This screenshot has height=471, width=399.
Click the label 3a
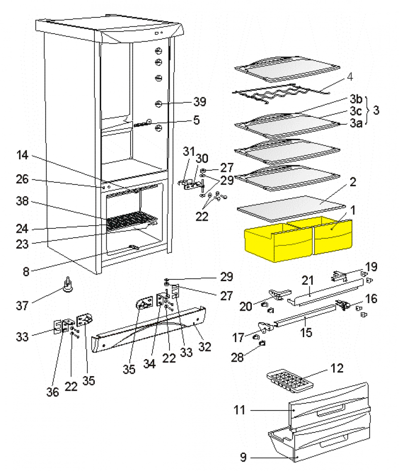356,123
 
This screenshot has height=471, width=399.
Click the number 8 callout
26,272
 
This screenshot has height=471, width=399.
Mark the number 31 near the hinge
189,150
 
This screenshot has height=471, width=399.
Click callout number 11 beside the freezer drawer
240,411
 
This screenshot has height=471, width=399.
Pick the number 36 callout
53,392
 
